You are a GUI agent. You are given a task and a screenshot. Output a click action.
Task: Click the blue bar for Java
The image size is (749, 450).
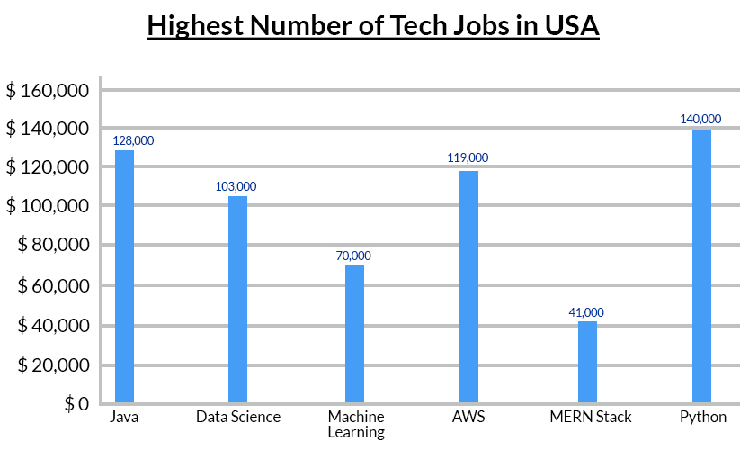pos(124,276)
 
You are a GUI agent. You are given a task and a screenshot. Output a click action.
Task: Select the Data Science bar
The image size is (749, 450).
pos(237,299)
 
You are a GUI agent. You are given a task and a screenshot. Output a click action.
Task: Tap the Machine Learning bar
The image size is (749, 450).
pos(355,333)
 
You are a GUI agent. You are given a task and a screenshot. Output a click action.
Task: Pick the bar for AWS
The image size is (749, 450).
pos(468,286)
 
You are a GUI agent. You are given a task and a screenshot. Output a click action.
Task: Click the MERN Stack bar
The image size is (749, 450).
pos(587,361)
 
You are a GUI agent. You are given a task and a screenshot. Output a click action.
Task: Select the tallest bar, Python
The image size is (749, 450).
pos(701,265)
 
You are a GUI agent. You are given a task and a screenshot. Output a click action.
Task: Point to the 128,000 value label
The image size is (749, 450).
pos(134,140)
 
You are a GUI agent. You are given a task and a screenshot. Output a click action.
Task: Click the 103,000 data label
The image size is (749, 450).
pos(236,186)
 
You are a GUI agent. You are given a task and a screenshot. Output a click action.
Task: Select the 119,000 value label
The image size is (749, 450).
pos(468,157)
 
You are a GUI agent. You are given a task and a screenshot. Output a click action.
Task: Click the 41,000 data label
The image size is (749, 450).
pos(586,312)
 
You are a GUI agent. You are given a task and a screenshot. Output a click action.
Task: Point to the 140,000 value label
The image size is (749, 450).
pos(700,119)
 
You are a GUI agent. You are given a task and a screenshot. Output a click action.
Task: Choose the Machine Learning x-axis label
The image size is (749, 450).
pos(355,424)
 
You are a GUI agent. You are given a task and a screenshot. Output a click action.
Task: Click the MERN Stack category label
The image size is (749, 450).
pos(590,417)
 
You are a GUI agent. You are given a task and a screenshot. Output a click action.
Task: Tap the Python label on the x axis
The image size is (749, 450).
pos(702,417)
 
